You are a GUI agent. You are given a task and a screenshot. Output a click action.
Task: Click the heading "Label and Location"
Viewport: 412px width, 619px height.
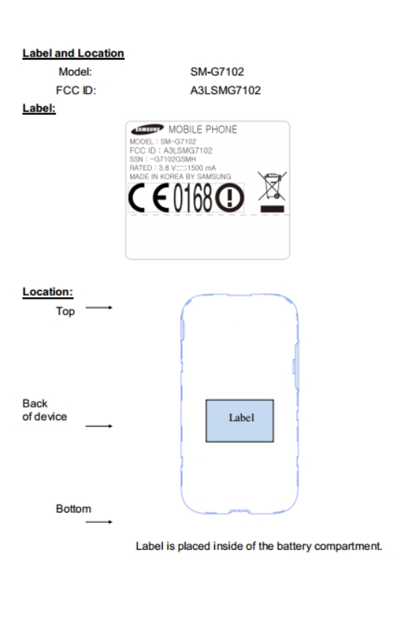click(x=74, y=54)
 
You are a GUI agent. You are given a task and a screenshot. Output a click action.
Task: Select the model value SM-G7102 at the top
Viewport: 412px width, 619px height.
click(x=217, y=72)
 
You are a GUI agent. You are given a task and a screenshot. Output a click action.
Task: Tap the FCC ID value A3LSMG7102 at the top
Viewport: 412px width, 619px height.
click(x=225, y=90)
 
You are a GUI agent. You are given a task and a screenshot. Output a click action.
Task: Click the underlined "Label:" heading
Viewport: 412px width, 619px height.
click(x=39, y=108)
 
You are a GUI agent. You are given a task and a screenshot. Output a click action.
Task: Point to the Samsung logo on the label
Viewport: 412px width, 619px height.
click(x=147, y=129)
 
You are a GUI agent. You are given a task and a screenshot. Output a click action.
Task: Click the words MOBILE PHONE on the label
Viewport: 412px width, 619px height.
click(x=203, y=130)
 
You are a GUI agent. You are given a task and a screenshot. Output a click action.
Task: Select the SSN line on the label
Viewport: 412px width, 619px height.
click(x=162, y=159)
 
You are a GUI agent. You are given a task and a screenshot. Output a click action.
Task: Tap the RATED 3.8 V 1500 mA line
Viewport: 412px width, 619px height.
click(x=173, y=168)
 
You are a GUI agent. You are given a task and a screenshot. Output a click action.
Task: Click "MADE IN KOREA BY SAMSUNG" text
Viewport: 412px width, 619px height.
click(x=180, y=177)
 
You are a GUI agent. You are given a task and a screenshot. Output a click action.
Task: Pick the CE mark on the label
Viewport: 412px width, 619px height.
click(x=149, y=198)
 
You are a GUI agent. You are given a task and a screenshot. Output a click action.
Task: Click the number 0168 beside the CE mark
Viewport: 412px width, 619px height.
click(x=193, y=198)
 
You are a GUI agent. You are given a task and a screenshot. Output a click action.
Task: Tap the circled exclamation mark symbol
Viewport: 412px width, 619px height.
click(x=230, y=198)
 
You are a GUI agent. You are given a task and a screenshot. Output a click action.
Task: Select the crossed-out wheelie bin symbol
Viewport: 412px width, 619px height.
click(x=272, y=192)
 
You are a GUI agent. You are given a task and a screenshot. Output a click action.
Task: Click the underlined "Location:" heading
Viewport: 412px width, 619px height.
click(x=48, y=292)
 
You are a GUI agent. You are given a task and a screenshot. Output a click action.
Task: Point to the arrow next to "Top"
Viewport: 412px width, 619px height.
click(x=99, y=308)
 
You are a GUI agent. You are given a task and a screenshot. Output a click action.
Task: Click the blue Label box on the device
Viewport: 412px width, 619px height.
click(x=239, y=421)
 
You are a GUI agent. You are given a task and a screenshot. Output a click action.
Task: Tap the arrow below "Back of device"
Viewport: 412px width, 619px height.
click(x=99, y=426)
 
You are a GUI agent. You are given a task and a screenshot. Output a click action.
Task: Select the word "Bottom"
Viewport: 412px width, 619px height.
click(x=74, y=509)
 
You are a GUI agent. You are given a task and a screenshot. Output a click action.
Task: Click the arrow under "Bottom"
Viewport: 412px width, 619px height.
click(x=99, y=522)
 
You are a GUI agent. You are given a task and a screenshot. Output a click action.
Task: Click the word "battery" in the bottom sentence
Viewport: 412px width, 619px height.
click(x=294, y=546)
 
